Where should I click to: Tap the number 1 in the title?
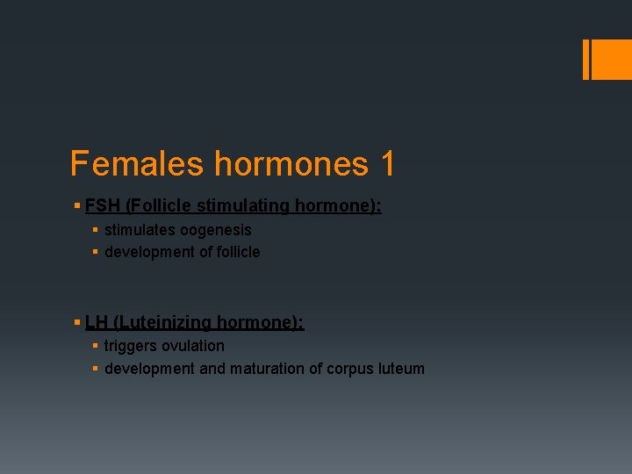click(387, 163)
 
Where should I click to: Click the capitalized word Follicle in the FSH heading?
click(160, 206)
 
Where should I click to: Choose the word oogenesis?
click(216, 230)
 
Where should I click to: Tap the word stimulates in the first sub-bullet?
click(140, 230)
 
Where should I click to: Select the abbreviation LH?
click(96, 322)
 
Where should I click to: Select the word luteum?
click(400, 369)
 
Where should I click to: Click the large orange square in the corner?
click(612, 59)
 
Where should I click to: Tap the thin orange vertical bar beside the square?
click(585, 59)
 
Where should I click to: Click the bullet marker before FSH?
click(77, 206)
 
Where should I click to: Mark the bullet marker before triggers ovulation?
click(95, 346)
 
